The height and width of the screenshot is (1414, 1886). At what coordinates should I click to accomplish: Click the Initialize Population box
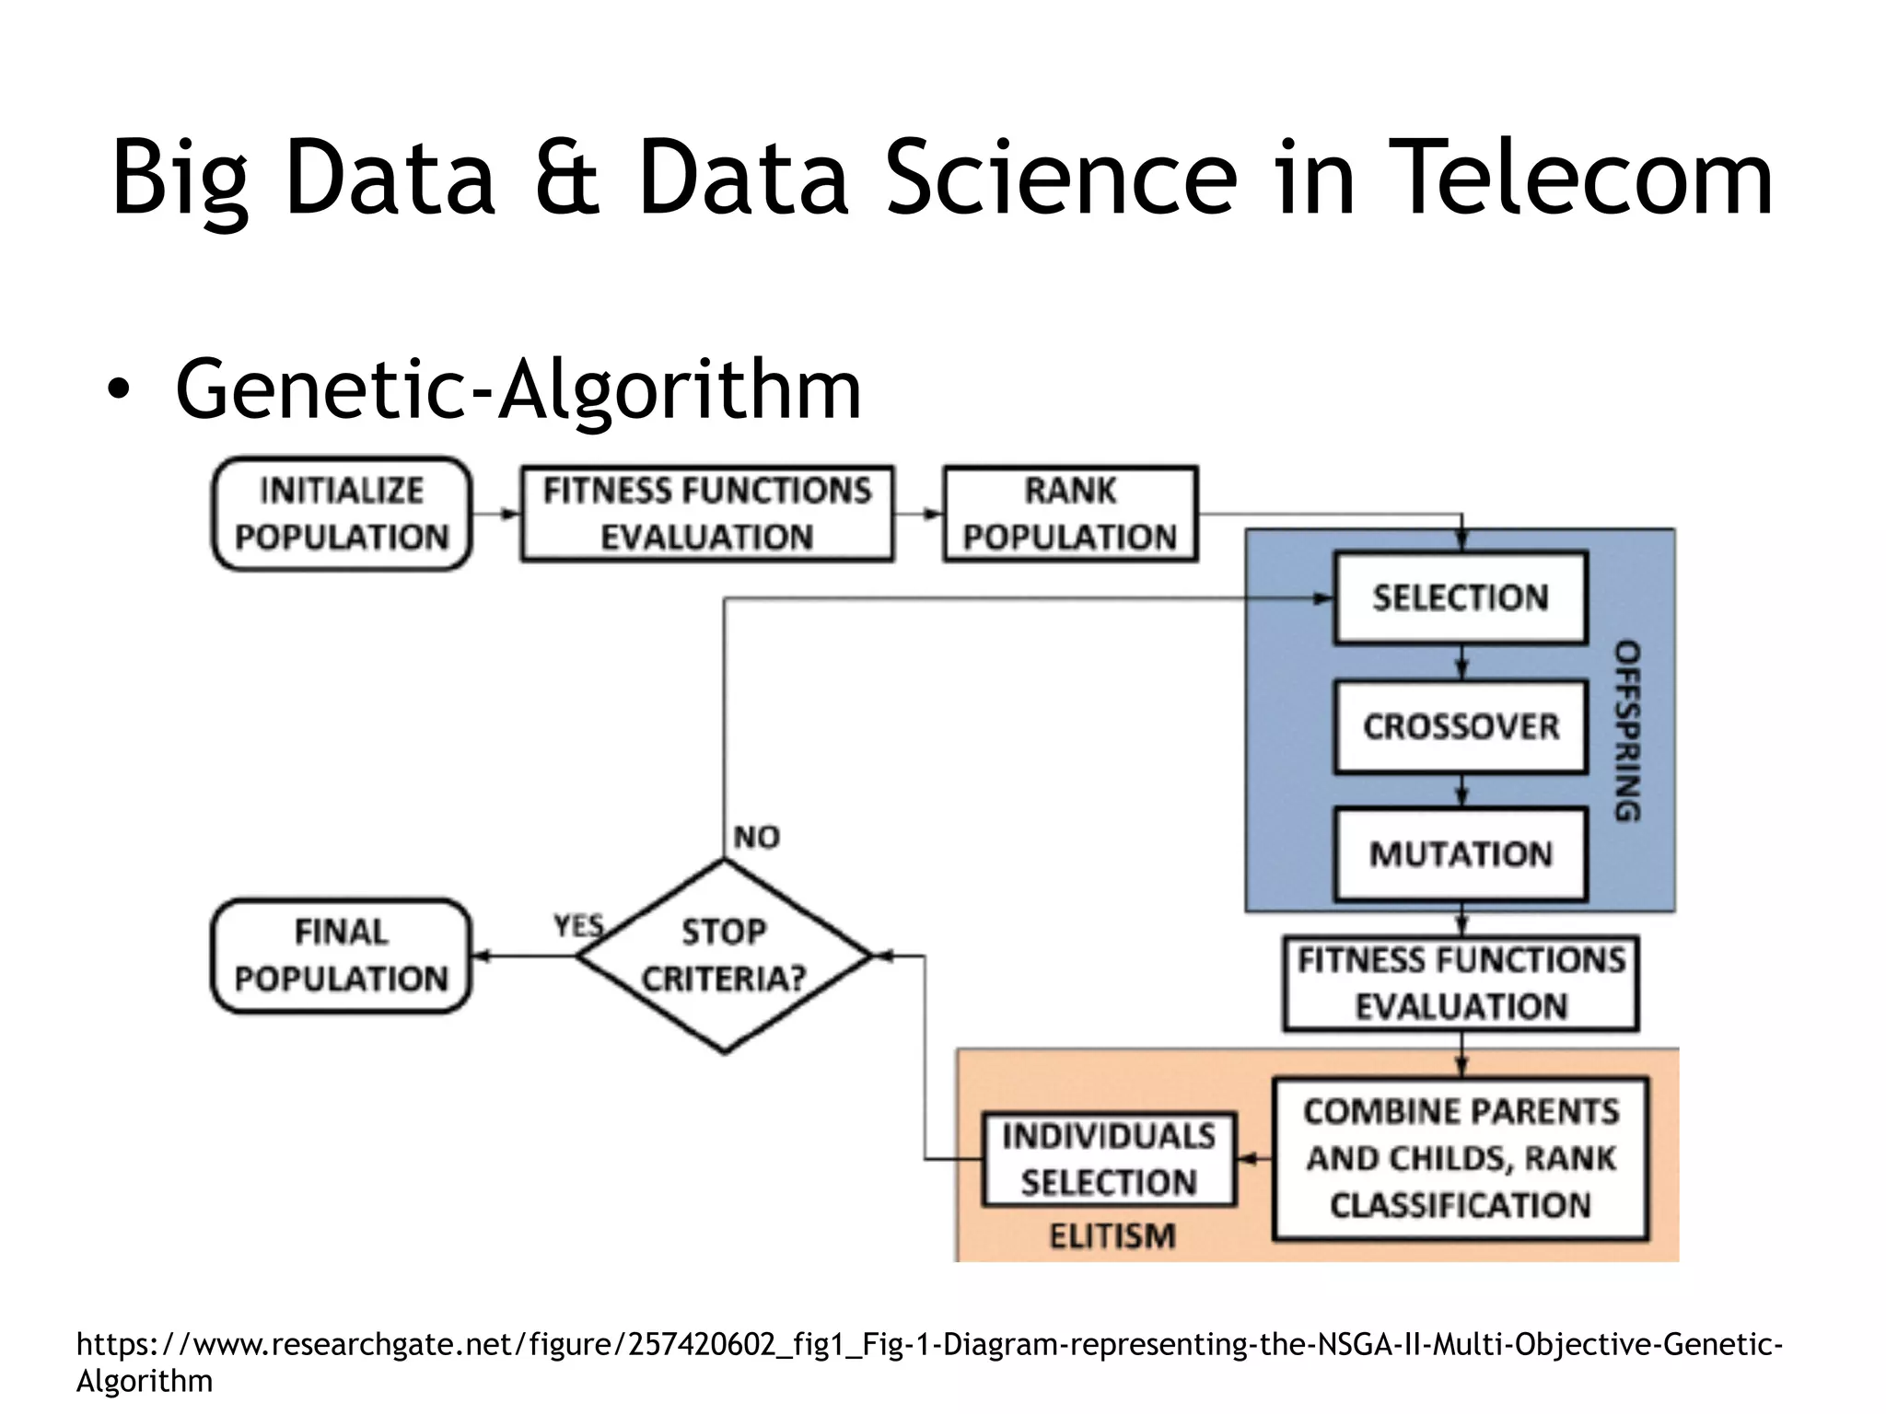point(342,514)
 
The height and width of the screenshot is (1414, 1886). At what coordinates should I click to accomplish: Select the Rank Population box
point(1070,514)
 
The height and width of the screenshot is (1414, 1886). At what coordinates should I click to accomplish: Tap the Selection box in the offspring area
point(1461,597)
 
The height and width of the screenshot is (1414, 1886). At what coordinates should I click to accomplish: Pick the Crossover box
point(1461,726)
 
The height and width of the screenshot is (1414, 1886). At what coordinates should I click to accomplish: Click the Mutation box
point(1461,854)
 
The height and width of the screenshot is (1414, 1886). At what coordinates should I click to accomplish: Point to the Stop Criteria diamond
point(724,956)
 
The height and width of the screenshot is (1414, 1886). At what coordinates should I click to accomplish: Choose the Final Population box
point(342,956)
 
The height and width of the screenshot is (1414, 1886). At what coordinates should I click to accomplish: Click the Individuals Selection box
point(1109,1159)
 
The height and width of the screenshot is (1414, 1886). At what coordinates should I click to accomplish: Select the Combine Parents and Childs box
point(1461,1158)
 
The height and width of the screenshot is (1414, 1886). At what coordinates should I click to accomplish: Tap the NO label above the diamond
point(757,837)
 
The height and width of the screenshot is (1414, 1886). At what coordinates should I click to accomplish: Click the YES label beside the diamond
point(578,925)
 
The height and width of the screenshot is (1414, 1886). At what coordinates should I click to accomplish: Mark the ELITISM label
point(1112,1235)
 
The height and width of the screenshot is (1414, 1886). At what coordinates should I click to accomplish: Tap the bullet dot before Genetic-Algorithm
point(118,391)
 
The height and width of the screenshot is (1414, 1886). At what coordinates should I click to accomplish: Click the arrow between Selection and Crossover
point(1461,663)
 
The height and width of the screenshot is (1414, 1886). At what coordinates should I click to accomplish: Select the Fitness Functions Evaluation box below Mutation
point(1461,983)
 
